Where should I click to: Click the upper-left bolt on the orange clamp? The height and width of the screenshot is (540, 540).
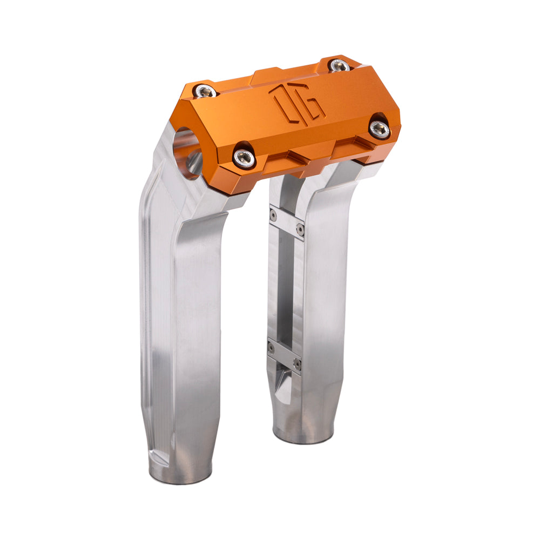(x=205, y=91)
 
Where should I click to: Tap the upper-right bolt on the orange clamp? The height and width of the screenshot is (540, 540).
(x=339, y=66)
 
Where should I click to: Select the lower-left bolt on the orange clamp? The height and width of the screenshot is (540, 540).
(x=244, y=157)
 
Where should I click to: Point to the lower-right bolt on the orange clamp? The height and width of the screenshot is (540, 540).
(x=380, y=129)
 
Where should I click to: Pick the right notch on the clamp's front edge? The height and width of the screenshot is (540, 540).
(x=346, y=146)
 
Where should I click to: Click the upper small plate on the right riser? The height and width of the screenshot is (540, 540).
(x=287, y=222)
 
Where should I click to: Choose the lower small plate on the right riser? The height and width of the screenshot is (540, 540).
(x=284, y=354)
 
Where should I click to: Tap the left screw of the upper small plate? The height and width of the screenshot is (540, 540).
(x=273, y=215)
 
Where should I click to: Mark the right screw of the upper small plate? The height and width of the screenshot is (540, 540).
(x=300, y=231)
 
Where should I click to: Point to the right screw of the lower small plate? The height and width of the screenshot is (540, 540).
(x=297, y=363)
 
